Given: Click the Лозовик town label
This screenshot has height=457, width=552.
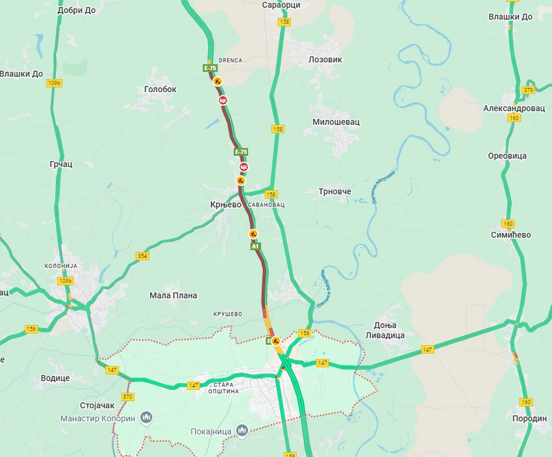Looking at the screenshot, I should pyautogui.click(x=325, y=59).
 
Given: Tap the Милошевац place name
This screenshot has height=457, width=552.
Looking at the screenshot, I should pyautogui.click(x=336, y=122).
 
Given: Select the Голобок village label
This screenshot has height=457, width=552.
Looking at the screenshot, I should pyautogui.click(x=160, y=90).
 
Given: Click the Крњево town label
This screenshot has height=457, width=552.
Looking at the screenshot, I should pyautogui.click(x=225, y=204).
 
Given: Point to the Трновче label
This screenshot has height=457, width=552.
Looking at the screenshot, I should pyautogui.click(x=334, y=191).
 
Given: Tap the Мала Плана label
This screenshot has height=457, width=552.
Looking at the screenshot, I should pyautogui.click(x=173, y=295).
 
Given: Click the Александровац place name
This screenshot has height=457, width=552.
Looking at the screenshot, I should pyautogui.click(x=514, y=108).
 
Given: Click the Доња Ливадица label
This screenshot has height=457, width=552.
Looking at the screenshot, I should pyautogui.click(x=390, y=330).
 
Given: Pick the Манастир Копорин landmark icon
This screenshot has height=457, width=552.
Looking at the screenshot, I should pyautogui.click(x=146, y=417).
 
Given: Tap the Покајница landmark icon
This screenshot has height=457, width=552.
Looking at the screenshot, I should pyautogui.click(x=242, y=430).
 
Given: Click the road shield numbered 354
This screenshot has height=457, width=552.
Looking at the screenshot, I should pyautogui.click(x=142, y=256).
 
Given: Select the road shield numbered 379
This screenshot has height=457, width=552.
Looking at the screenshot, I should pyautogui.click(x=529, y=90).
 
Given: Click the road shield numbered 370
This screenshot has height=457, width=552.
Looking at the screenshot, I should pyautogui.click(x=127, y=396).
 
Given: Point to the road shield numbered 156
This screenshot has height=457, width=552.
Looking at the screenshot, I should pyautogui.click(x=31, y=329).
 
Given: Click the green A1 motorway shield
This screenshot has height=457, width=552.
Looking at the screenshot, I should pyautogui.click(x=255, y=247).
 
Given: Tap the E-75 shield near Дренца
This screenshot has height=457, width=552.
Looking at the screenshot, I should pyautogui.click(x=210, y=68).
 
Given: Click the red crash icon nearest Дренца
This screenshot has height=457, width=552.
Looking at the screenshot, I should pyautogui.click(x=223, y=101).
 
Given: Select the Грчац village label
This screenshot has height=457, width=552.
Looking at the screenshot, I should pyautogui.click(x=61, y=164).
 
